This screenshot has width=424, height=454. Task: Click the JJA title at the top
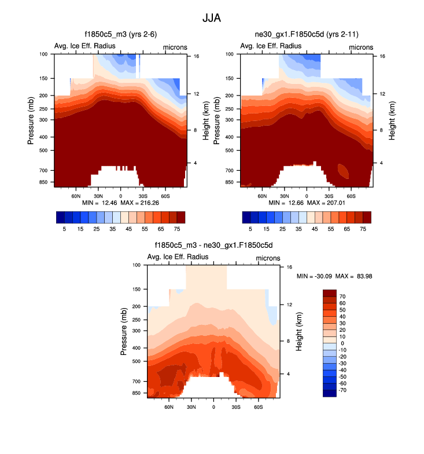tap(212, 18)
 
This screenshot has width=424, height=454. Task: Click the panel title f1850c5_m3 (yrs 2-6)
tap(120, 35)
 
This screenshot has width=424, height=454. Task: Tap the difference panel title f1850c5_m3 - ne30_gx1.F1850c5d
tap(213, 246)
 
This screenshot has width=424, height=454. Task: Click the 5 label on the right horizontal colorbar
tap(250, 229)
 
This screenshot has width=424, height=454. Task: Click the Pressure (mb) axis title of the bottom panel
tap(125, 331)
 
